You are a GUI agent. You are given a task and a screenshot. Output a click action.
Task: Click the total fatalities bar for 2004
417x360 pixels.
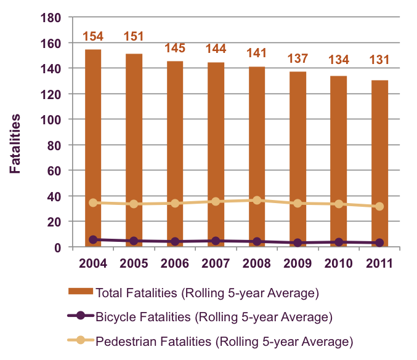click(x=93, y=148)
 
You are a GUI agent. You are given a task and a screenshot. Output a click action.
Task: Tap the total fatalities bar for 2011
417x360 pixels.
click(x=380, y=163)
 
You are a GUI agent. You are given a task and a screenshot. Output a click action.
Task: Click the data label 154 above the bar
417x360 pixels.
click(x=93, y=36)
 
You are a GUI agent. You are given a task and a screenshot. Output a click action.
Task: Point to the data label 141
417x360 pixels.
click(x=257, y=53)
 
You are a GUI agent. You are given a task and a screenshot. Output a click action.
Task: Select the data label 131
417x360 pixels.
click(x=380, y=61)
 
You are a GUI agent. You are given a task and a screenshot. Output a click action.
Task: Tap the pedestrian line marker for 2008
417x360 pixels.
click(x=257, y=201)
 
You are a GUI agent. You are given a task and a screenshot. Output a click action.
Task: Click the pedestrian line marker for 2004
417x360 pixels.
click(x=93, y=202)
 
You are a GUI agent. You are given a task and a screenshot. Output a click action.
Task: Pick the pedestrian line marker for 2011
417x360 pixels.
click(x=380, y=207)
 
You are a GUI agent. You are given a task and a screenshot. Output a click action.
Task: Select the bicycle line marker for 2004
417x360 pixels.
click(x=93, y=239)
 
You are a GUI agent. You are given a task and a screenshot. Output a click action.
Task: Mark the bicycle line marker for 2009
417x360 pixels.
click(x=298, y=242)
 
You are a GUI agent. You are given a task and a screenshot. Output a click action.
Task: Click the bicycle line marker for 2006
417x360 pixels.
click(x=175, y=242)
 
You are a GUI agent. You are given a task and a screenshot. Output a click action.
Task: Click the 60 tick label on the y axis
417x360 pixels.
click(x=54, y=170)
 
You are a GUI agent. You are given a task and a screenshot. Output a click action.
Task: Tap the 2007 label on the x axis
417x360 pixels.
click(x=216, y=263)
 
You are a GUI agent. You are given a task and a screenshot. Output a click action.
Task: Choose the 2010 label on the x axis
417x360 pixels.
click(x=339, y=263)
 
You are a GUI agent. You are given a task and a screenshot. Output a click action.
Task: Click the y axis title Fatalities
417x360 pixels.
click(x=15, y=143)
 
